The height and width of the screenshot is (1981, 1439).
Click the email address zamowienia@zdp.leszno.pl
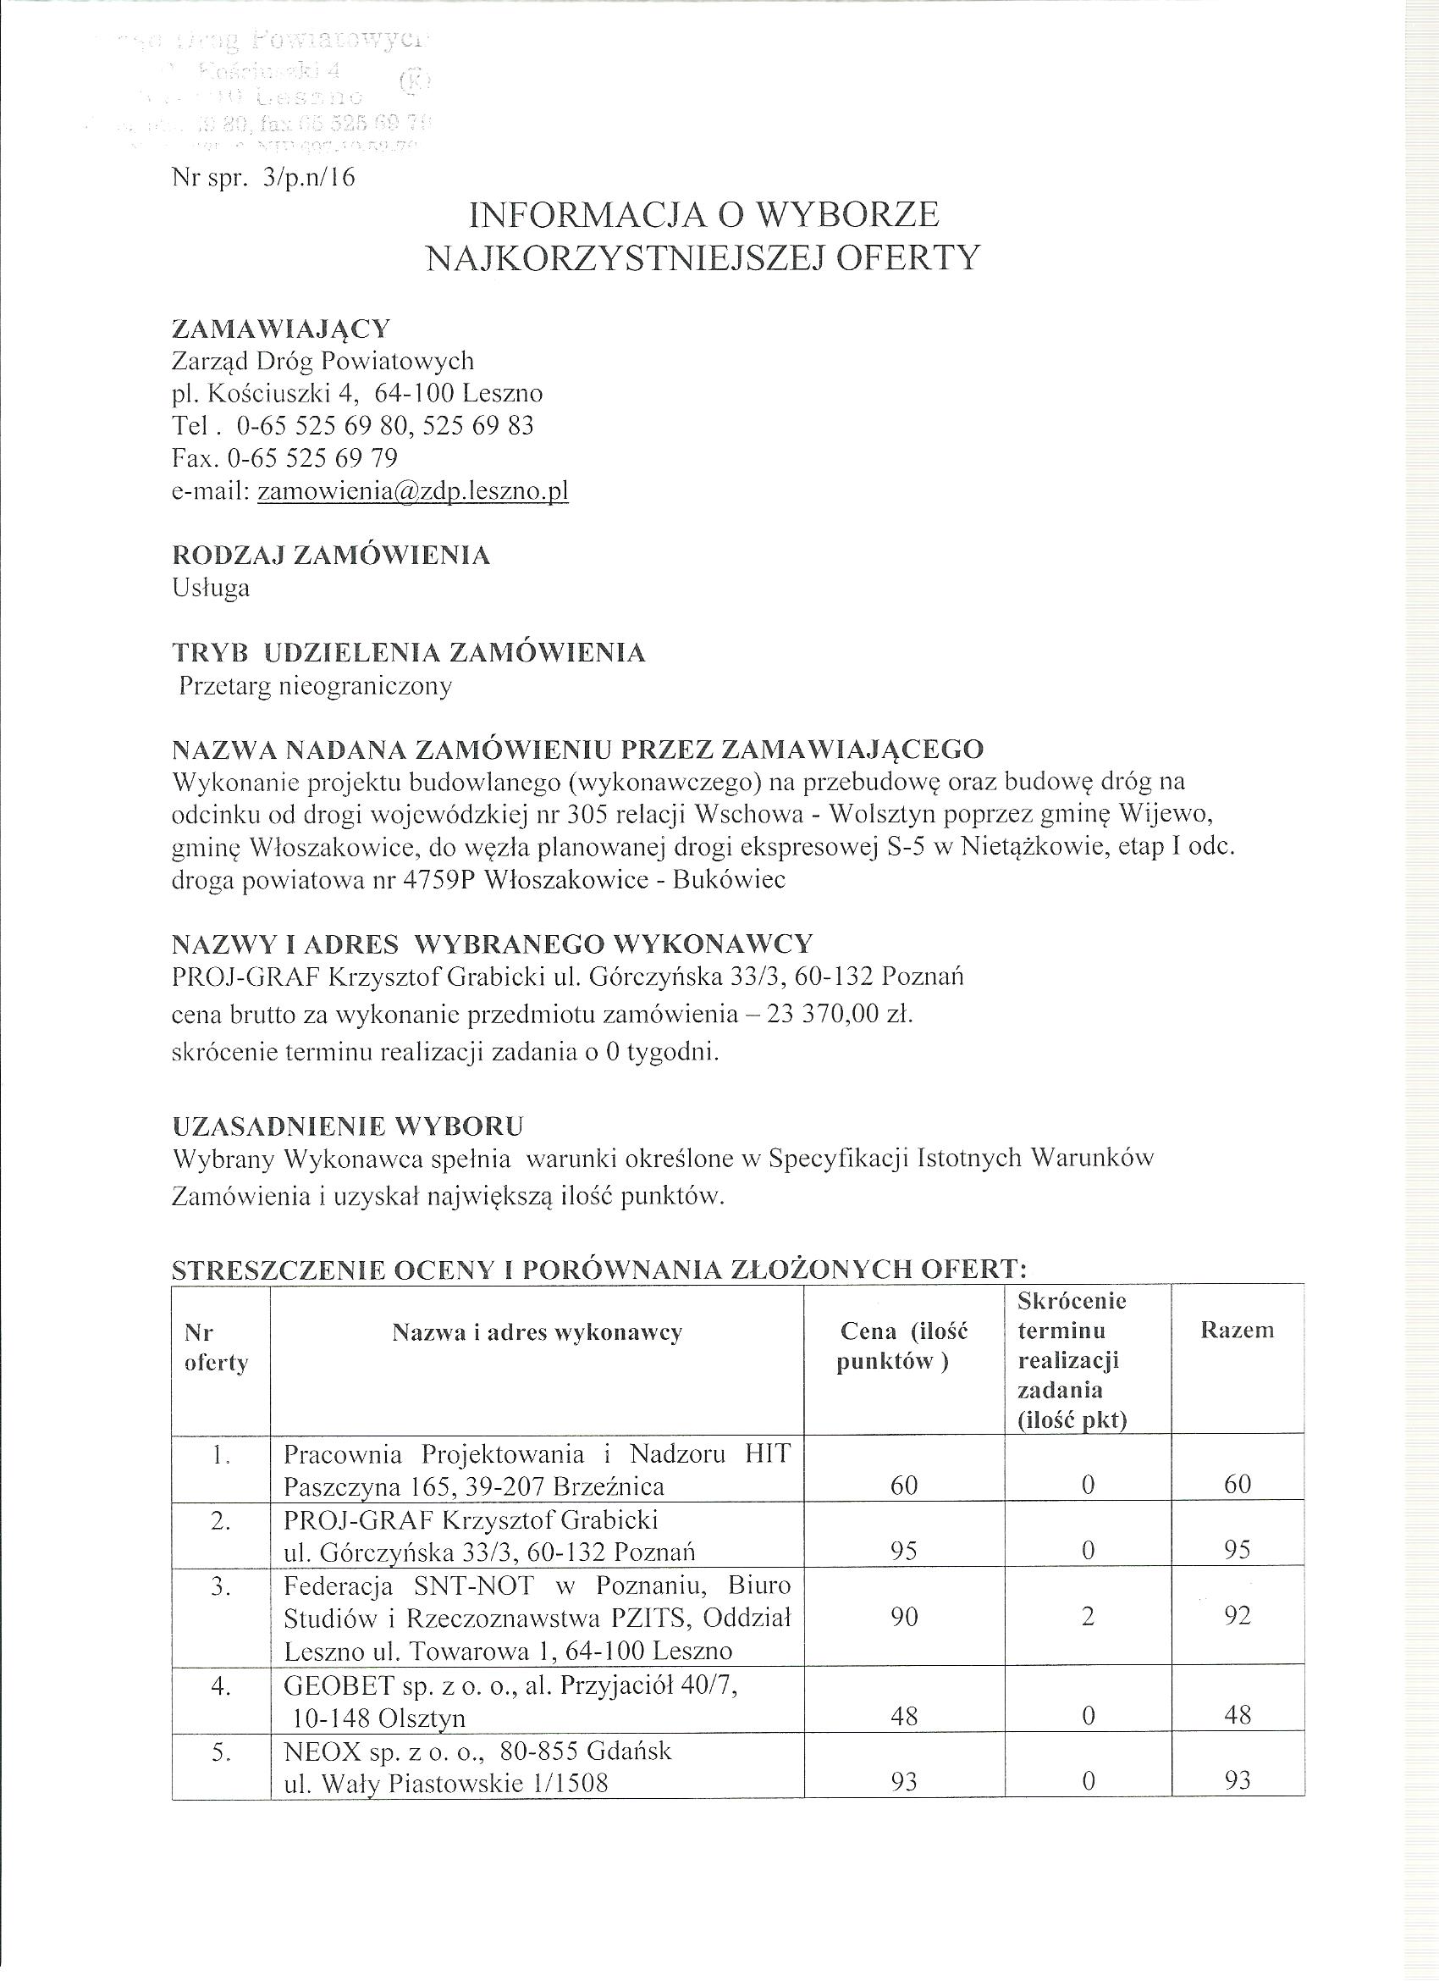pos(413,491)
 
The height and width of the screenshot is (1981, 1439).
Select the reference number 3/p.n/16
pos(314,178)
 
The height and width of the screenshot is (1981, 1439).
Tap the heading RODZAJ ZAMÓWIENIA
pos(331,556)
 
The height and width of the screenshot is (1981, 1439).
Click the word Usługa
pos(211,588)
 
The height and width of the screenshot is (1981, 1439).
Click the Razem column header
pos(1237,1331)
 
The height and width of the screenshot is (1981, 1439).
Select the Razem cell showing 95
pos(1238,1551)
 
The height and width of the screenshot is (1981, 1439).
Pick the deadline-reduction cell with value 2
pos(1087,1617)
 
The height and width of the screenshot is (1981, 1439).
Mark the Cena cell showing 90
pos(904,1617)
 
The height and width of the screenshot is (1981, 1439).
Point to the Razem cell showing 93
pos(1238,1780)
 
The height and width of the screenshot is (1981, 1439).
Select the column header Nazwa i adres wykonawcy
pos(537,1332)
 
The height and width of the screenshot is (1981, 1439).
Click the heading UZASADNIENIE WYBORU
pos(348,1126)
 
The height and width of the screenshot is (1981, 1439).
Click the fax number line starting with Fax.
pos(284,457)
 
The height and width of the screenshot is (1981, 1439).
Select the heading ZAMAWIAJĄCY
pos(281,329)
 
